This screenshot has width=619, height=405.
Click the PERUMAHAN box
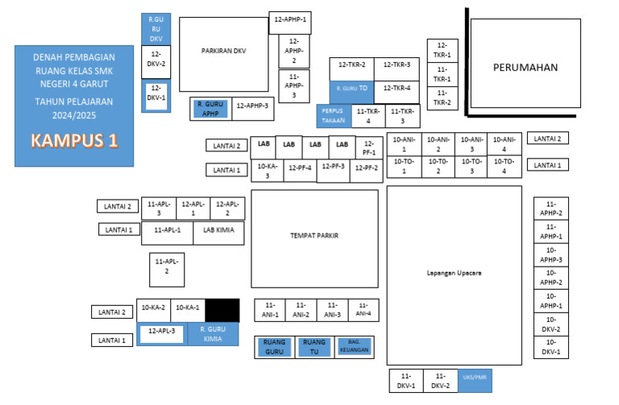coord(526,63)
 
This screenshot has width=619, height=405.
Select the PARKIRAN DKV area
coord(224,55)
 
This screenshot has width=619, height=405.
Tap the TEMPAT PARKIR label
coord(314,235)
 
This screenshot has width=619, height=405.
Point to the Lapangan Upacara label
coord(454,273)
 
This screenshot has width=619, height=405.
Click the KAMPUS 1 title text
coord(74,140)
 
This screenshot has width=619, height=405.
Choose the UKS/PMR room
coord(475,381)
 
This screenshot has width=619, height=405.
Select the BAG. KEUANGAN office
coord(354,347)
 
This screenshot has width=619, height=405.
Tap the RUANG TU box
coord(314,347)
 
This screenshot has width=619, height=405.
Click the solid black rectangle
coord(222,310)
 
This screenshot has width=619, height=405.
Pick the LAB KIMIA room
coord(218,233)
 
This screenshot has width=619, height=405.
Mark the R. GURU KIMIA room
coord(213,334)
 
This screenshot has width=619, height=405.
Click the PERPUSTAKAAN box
coord(334,116)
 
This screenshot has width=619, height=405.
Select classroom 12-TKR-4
coord(397,93)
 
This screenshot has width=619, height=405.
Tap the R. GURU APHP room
coord(210,109)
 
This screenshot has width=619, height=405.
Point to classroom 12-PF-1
coord(369,148)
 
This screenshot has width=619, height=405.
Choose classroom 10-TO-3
coord(472,167)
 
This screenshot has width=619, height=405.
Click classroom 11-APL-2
coord(167,270)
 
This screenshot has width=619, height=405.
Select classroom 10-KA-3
coord(268,171)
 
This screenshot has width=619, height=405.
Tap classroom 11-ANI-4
coord(364,310)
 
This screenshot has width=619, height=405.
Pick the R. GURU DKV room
coord(156,29)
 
